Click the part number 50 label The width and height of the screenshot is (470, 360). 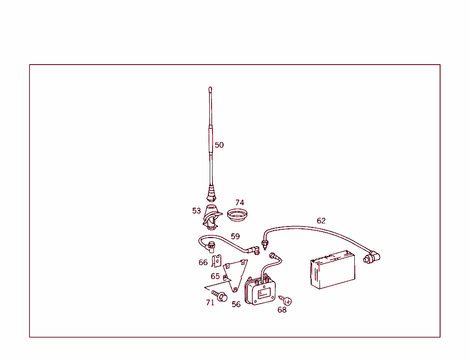click(219, 145)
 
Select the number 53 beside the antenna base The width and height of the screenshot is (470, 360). click(196, 211)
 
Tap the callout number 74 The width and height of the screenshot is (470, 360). click(240, 203)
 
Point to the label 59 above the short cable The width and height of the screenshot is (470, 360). click(235, 237)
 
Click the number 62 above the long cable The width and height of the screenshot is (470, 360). click(321, 221)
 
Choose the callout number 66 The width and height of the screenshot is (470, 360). click(203, 263)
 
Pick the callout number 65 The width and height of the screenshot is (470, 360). click(215, 277)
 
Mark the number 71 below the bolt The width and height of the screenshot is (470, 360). click(210, 303)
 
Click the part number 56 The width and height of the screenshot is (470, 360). click(236, 305)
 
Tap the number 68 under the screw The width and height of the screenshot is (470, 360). click(282, 310)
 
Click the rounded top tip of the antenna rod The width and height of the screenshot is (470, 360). click(210, 89)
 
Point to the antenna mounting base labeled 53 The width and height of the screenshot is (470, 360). click(212, 217)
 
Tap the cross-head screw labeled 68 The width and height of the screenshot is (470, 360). click(287, 301)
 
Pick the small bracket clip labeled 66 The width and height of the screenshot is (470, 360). click(217, 261)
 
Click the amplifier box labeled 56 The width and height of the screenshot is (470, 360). click(261, 291)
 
